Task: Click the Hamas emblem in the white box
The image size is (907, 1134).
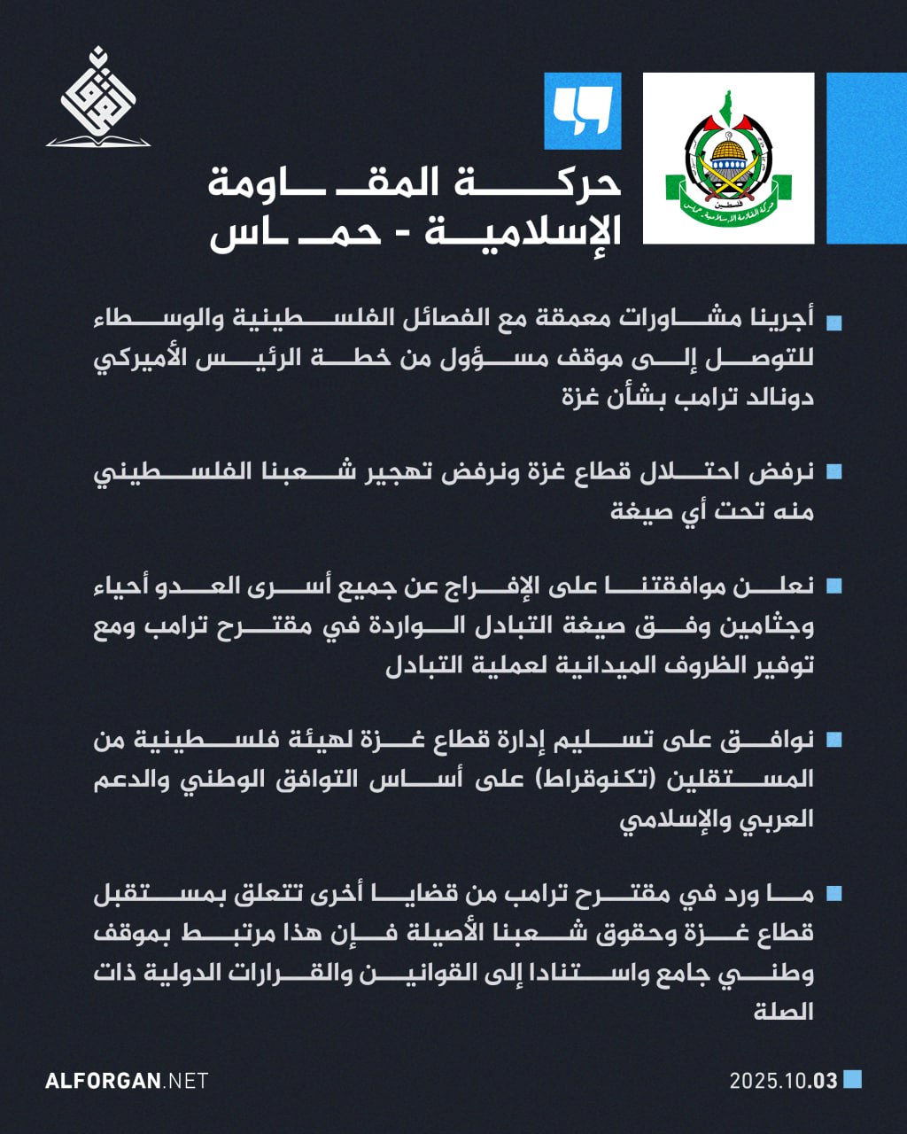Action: coord(728,159)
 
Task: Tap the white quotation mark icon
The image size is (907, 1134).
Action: coord(582,111)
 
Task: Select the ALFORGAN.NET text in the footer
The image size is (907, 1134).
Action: coord(127,1081)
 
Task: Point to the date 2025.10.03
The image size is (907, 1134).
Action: coord(783,1081)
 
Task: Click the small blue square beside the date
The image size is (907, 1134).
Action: coord(852,1079)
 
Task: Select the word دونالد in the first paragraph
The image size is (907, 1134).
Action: coord(779,397)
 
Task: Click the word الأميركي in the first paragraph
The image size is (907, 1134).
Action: coord(142,359)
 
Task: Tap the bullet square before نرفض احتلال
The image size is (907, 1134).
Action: coord(833,471)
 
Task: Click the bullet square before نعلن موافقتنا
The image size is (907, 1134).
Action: coord(833,586)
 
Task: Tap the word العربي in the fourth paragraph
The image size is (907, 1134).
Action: coord(779,818)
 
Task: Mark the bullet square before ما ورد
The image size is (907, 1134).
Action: coord(833,893)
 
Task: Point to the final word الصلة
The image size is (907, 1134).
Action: coord(784,1011)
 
